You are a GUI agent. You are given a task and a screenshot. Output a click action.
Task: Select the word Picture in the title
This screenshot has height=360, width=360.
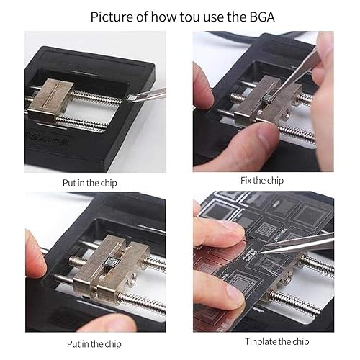110,17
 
